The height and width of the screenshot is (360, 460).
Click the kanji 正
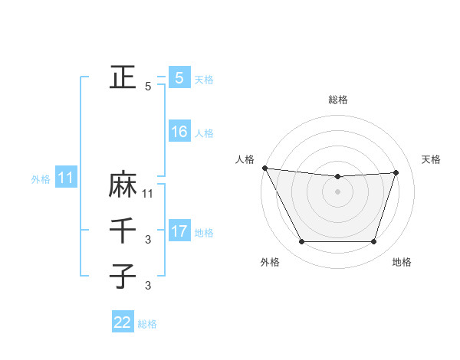(123, 77)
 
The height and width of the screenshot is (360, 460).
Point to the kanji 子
(123, 274)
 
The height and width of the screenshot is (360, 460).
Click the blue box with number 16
(179, 132)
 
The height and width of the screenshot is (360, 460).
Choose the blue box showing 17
(179, 231)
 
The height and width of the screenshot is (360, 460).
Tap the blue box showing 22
(123, 322)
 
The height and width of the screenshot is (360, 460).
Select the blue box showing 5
(179, 77)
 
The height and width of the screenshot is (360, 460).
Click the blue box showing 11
(66, 178)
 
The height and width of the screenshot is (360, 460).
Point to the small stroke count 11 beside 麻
(149, 194)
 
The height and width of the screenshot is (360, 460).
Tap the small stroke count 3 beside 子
(148, 286)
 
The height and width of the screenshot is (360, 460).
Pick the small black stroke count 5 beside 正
(148, 87)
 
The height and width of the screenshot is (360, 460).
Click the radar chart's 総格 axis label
(338, 100)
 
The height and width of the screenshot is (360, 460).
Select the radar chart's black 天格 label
(432, 159)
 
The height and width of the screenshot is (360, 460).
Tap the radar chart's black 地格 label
(402, 262)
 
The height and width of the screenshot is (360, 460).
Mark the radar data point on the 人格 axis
(264, 168)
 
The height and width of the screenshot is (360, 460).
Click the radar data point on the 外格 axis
(301, 242)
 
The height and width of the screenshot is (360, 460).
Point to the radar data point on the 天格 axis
(396, 172)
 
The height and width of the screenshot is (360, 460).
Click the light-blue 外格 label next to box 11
(41, 179)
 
